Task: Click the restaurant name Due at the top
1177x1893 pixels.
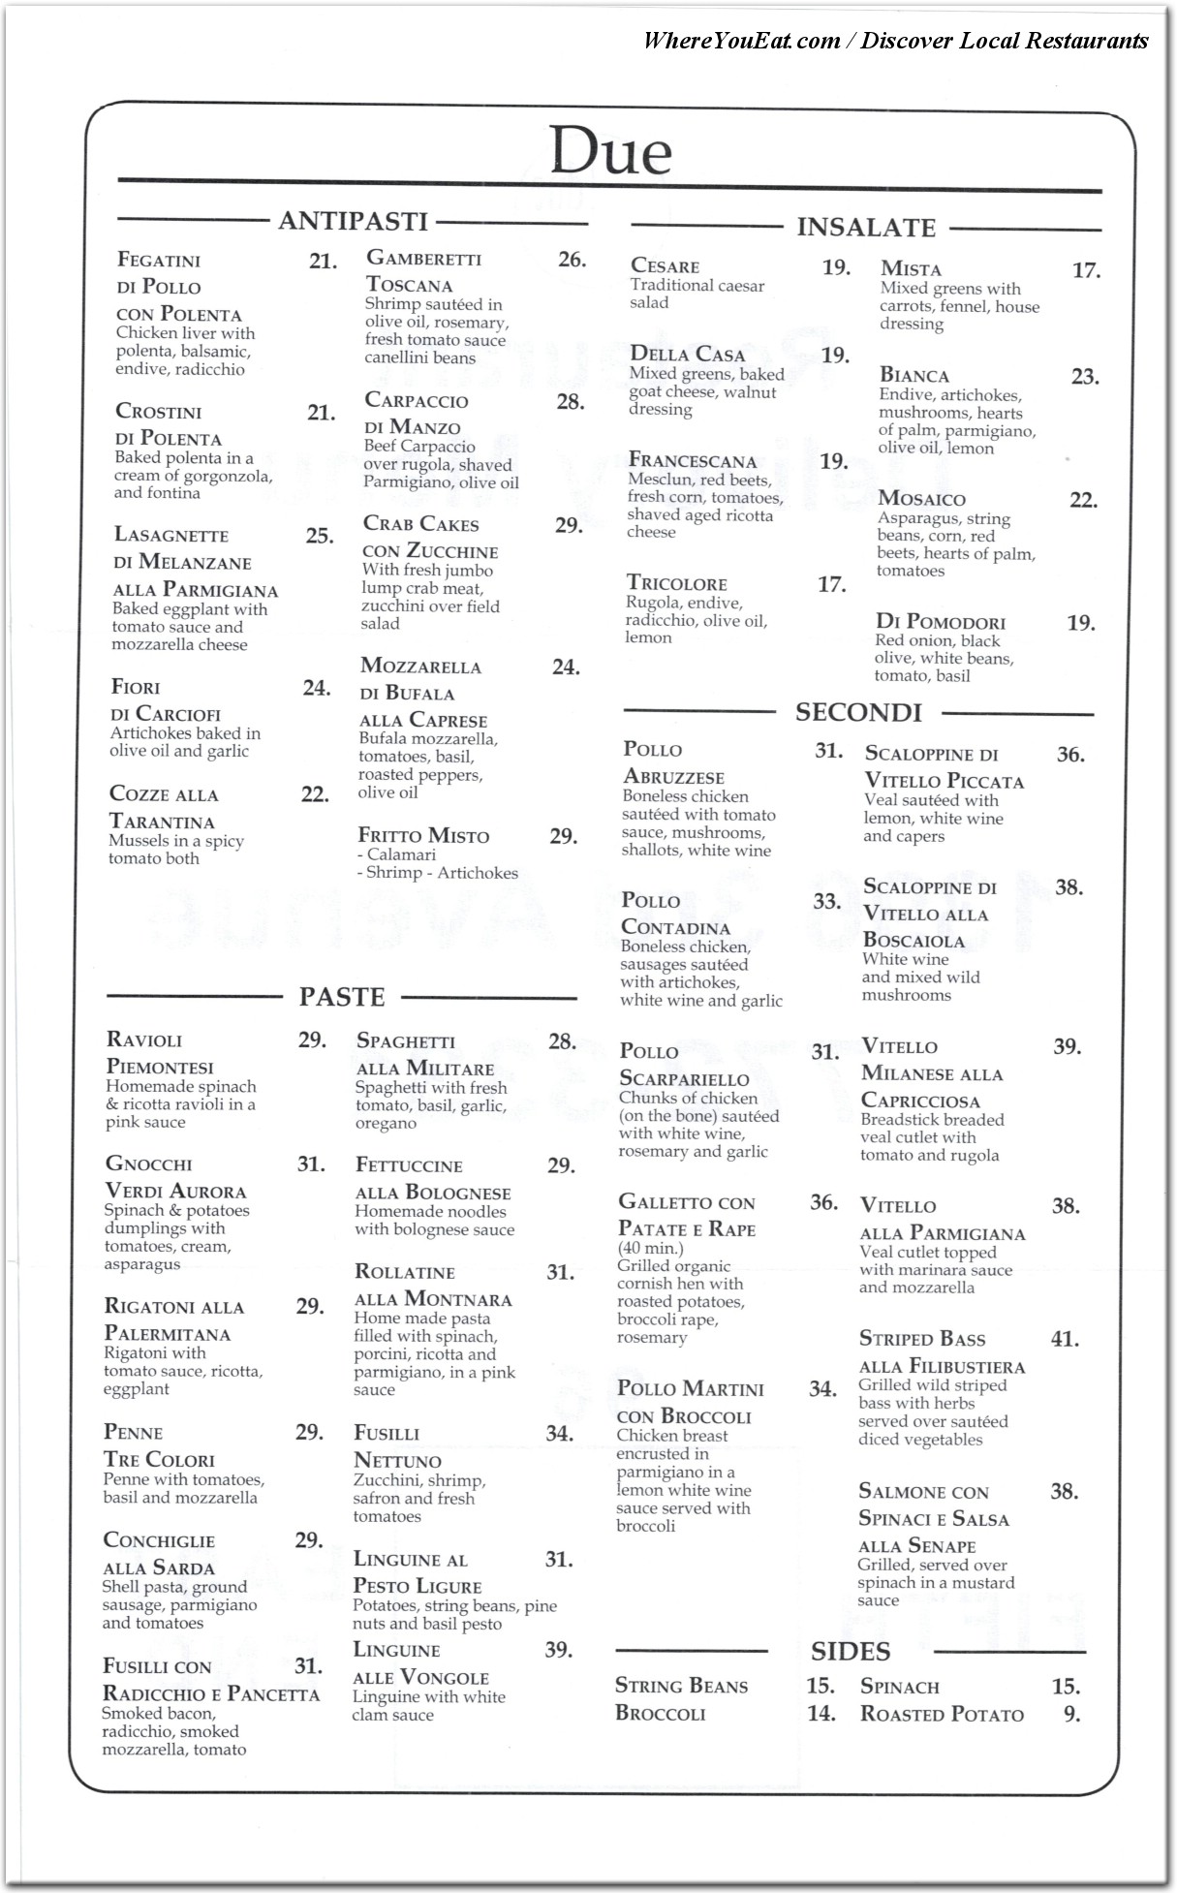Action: (610, 151)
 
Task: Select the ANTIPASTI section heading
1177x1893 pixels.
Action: (353, 222)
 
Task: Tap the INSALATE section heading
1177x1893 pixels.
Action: (866, 228)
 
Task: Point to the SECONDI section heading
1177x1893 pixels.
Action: (858, 713)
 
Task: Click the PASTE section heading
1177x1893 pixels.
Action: (342, 997)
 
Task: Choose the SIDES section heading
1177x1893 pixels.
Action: (851, 1651)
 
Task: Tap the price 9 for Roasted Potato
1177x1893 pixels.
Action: (1071, 1714)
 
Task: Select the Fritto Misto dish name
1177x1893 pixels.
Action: (423, 836)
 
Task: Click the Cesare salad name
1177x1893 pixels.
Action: (665, 265)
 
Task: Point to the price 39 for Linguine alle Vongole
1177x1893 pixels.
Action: (558, 1650)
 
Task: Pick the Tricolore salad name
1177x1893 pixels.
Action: (676, 583)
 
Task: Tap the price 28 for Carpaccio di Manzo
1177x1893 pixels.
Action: (571, 401)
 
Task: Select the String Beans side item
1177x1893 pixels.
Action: (681, 1686)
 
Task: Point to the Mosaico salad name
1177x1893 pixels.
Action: (921, 499)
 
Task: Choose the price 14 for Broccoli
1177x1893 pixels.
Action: (821, 1714)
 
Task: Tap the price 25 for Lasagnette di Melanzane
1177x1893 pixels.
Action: (320, 536)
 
